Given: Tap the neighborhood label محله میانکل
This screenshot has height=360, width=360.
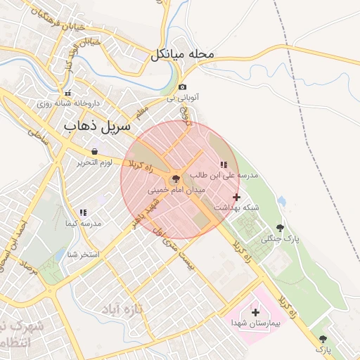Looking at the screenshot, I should click(181, 55).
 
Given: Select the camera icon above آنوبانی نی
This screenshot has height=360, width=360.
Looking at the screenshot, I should click(182, 87).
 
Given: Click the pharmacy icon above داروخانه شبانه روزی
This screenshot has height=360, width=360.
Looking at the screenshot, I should click(67, 93).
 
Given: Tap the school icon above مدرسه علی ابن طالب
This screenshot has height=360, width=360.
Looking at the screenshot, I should click(224, 165).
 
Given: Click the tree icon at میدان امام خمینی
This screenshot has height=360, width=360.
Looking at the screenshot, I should click(176, 179).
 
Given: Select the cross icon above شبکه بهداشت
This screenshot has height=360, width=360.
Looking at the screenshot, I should click(236, 197).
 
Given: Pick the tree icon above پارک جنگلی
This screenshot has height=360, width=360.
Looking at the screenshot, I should click(280, 228).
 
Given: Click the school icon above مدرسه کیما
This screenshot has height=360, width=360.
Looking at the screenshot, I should click(83, 212).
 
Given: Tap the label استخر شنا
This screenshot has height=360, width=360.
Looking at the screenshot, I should click(83, 254).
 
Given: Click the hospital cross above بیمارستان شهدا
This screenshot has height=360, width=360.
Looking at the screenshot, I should click(255, 311).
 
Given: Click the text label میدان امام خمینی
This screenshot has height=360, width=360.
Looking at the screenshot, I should click(176, 190).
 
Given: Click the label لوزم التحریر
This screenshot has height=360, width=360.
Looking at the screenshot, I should click(95, 163).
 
